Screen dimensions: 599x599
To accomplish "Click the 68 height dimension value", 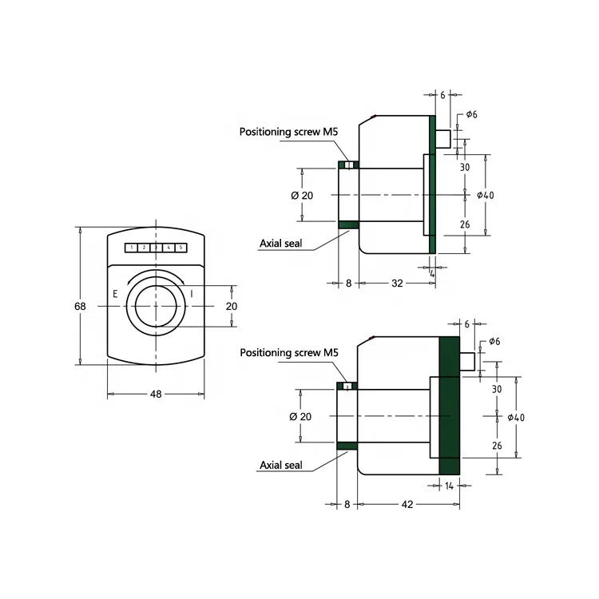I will [x=81, y=307].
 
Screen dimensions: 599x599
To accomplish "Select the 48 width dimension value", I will [x=157, y=394].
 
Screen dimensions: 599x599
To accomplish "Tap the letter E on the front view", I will [x=116, y=294].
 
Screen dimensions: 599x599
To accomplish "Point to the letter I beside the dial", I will [x=192, y=294].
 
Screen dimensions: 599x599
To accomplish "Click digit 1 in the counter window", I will [x=131, y=248].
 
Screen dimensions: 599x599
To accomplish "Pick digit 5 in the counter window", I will [x=181, y=248].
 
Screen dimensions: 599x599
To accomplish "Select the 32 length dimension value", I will [x=396, y=283].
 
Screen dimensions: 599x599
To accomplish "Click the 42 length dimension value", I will [x=408, y=505].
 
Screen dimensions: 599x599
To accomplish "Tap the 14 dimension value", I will [x=450, y=485].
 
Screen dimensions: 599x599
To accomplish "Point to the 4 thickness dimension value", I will [x=432, y=273].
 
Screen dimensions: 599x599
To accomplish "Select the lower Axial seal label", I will [x=281, y=465].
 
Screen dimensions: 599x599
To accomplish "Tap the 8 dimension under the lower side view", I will [x=347, y=505].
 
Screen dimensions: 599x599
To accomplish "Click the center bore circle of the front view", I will [x=157, y=306].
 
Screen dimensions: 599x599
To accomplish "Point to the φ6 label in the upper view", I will [x=470, y=114].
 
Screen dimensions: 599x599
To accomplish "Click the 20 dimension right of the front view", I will [x=232, y=306].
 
